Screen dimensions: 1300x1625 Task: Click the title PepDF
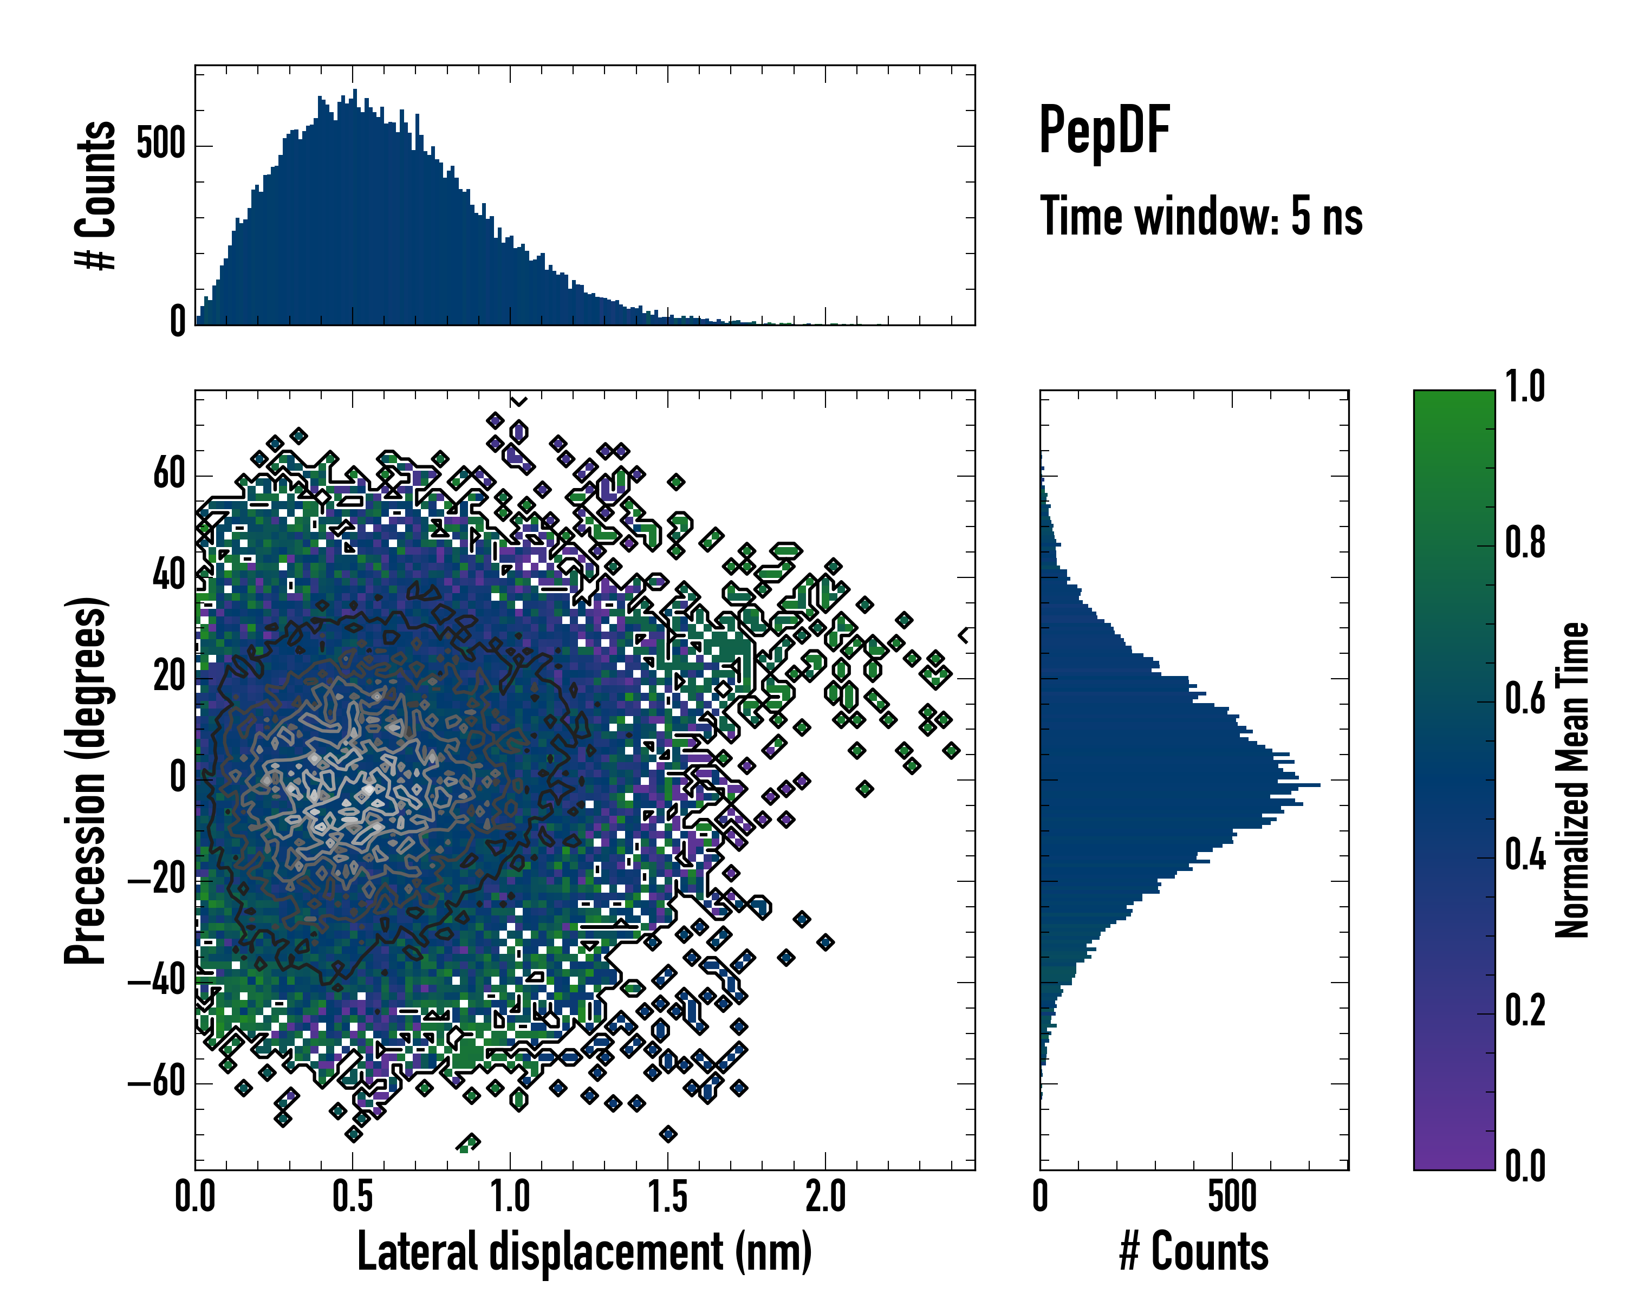point(1103,131)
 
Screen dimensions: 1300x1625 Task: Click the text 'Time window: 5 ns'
point(1201,216)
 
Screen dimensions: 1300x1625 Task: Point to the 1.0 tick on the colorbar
point(1524,387)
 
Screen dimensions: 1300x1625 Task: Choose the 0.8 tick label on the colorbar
point(1524,543)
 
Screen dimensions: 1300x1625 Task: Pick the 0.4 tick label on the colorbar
point(1524,855)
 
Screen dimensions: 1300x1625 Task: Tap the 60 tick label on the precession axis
point(169,475)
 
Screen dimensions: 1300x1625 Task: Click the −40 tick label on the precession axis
point(157,981)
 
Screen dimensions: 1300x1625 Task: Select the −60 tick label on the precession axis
point(157,1082)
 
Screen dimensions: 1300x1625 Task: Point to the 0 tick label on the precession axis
point(178,778)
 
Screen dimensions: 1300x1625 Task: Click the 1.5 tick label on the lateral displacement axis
point(668,1197)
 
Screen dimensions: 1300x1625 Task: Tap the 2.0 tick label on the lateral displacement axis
point(825,1197)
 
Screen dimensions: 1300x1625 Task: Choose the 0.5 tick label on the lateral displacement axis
point(353,1197)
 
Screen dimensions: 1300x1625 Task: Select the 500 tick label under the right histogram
point(1232,1197)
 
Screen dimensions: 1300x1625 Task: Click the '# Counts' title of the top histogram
point(96,195)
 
